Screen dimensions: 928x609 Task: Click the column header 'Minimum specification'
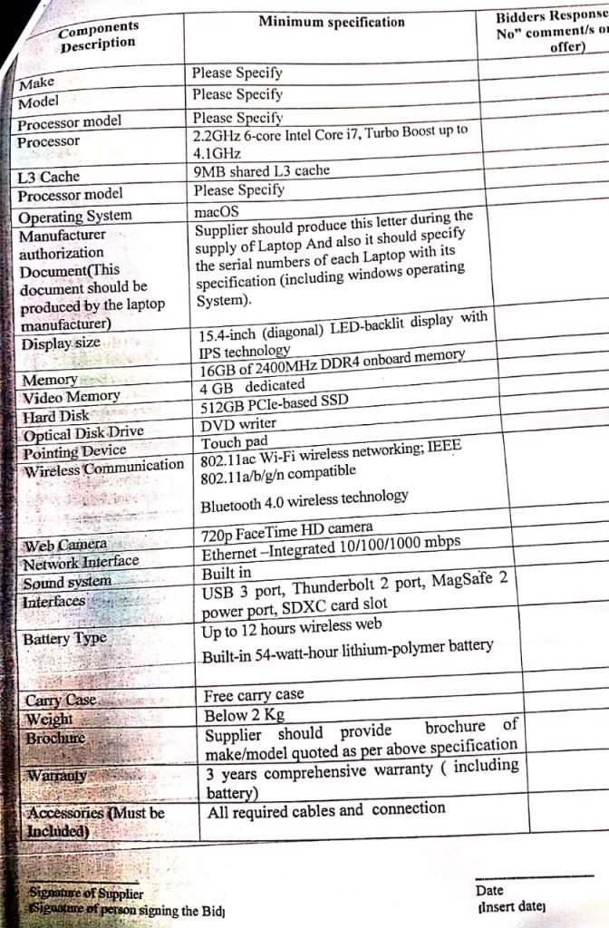point(331,22)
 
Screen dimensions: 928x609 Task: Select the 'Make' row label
point(37,83)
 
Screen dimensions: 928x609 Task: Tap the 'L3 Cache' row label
point(49,177)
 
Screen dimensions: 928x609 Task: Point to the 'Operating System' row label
point(75,217)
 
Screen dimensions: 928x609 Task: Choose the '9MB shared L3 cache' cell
point(262,170)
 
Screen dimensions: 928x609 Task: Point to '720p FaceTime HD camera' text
point(286,529)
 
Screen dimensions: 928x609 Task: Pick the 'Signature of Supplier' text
point(84,894)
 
